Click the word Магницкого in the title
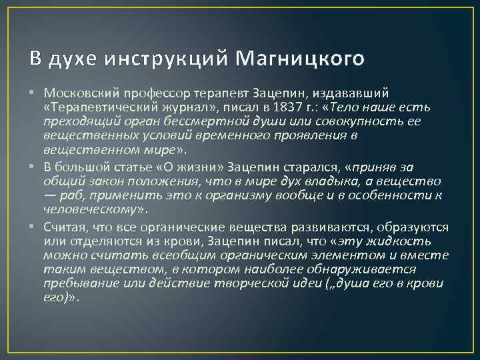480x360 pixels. pyautogui.click(x=299, y=59)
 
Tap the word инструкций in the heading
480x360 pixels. pyautogui.click(x=163, y=59)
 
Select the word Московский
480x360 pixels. pyautogui.click(x=77, y=93)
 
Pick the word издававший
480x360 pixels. pyautogui.click(x=357, y=93)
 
